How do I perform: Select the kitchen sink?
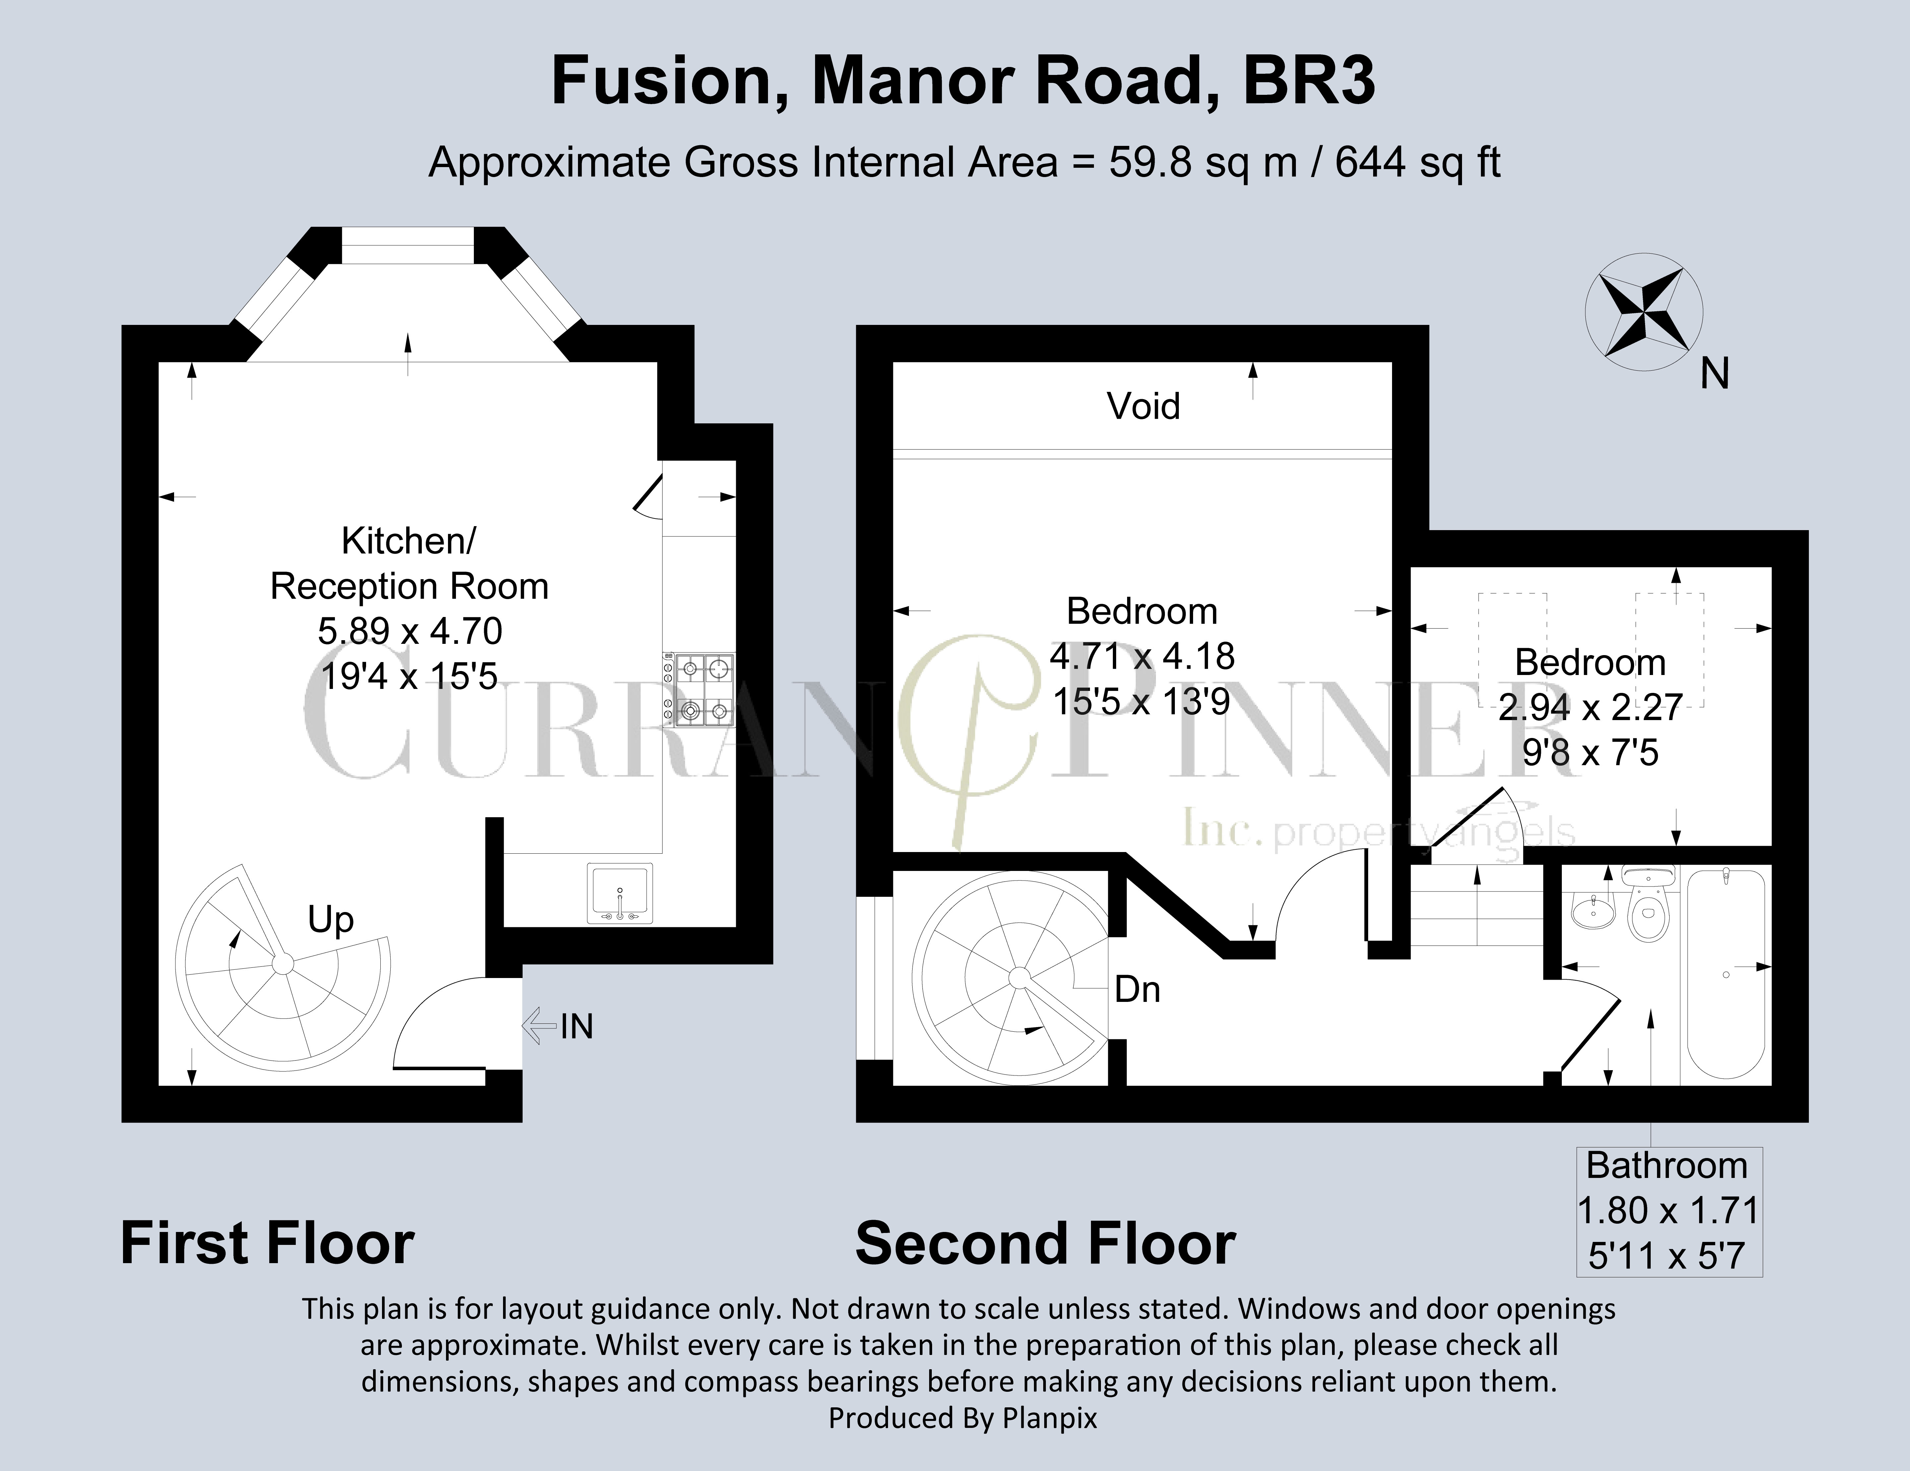(x=620, y=892)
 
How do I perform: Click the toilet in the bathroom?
(x=1648, y=909)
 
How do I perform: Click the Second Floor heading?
(x=1045, y=1244)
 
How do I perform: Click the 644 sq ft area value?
(x=1417, y=163)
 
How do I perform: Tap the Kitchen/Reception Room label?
(x=409, y=563)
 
